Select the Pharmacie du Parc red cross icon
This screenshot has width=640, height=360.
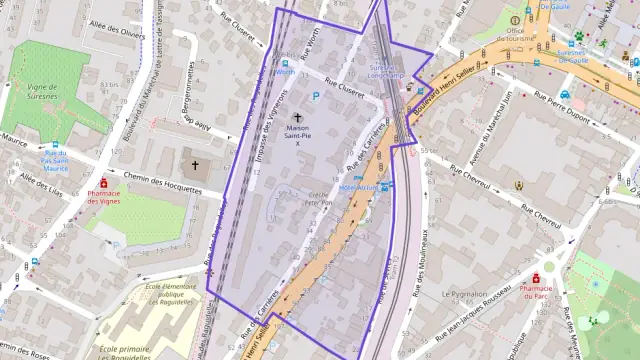pyautogui.click(x=535, y=277)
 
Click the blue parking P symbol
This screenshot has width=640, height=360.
pyautogui.click(x=316, y=96)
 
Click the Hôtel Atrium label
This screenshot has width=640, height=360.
pyautogui.click(x=361, y=186)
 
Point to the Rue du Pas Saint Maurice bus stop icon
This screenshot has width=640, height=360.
pyautogui.click(x=56, y=144)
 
